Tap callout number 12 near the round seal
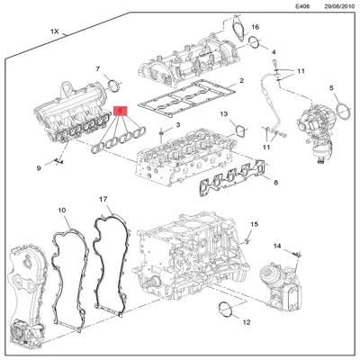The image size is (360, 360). click(x=247, y=321)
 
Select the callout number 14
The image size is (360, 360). click(x=277, y=246)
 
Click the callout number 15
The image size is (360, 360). click(x=254, y=223)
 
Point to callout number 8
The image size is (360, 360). click(x=274, y=183)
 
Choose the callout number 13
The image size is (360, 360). click(x=224, y=115)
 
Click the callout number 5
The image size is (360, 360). click(x=331, y=87)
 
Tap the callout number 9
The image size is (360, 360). click(x=39, y=167)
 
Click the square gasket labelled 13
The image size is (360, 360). click(x=239, y=131)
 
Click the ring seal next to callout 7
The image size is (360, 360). click(x=113, y=86)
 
